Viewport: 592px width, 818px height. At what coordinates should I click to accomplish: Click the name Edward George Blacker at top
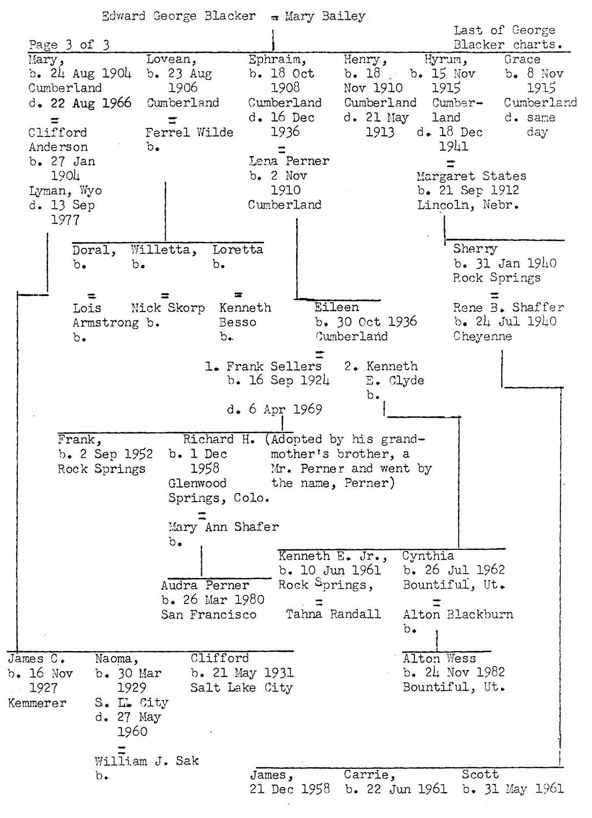point(178,16)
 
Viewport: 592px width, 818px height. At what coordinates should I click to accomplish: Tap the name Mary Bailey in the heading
point(325,16)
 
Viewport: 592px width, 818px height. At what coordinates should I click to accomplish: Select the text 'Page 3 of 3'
point(69,45)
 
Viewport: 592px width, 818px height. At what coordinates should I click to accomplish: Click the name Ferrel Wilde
point(189,132)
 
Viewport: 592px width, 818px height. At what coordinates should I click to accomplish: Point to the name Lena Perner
point(289,161)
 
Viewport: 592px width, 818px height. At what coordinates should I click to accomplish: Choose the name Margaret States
point(471,176)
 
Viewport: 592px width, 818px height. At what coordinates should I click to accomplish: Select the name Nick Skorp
point(168,307)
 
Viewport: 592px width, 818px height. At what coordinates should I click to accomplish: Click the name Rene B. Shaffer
point(508,307)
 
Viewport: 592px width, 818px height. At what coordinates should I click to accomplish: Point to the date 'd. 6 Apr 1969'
point(274,409)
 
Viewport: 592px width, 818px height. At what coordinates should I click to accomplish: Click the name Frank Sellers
point(273,366)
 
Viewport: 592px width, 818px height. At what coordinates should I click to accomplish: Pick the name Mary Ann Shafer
point(223,526)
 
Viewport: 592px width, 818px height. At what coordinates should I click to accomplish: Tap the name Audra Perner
point(205,585)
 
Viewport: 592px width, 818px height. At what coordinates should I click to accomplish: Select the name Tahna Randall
point(333,614)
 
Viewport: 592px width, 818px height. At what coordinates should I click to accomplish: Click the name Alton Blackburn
point(458,615)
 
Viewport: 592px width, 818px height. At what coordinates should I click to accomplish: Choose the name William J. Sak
point(147,761)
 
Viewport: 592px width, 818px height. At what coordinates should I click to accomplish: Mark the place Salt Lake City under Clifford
point(241,688)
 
